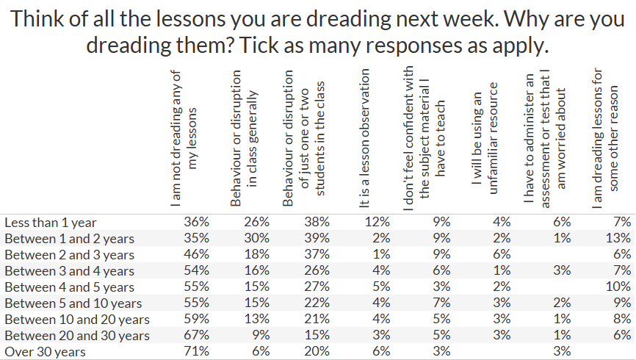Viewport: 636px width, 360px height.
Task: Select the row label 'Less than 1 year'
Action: click(x=51, y=222)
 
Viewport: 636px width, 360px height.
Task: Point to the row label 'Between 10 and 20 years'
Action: click(x=77, y=320)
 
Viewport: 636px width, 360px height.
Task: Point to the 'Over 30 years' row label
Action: click(x=45, y=352)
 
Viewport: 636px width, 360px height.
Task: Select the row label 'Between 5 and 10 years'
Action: click(x=73, y=303)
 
